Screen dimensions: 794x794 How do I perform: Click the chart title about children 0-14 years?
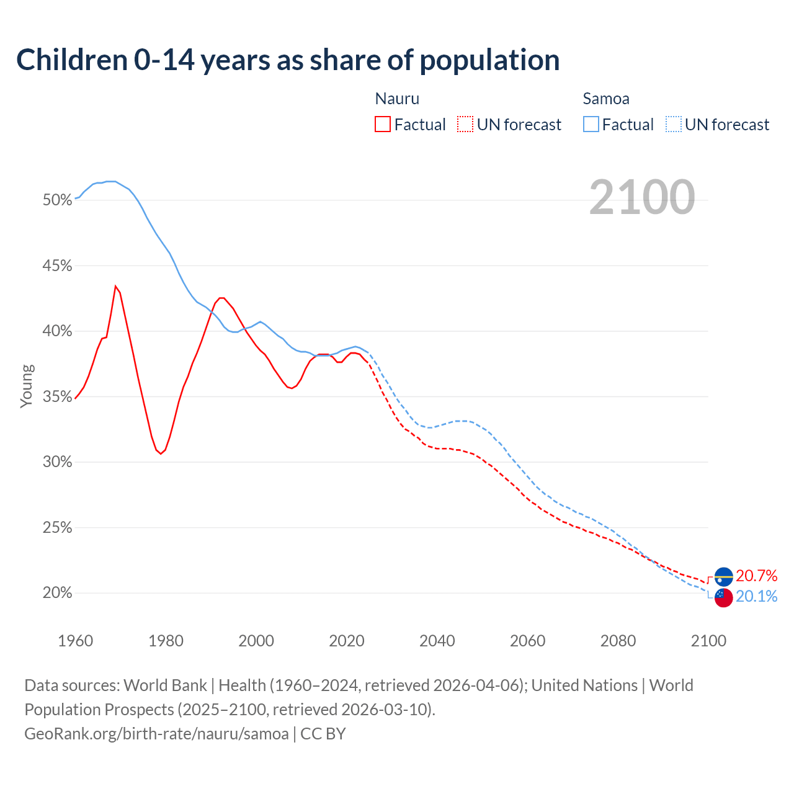pyautogui.click(x=288, y=60)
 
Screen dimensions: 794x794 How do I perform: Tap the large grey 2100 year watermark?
pyautogui.click(x=641, y=197)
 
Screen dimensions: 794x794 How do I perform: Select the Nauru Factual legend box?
pyautogui.click(x=383, y=125)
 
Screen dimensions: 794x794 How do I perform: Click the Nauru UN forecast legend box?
pyautogui.click(x=465, y=125)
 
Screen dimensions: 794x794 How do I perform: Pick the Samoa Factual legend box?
pyautogui.click(x=591, y=125)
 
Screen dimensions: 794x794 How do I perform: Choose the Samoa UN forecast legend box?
pyautogui.click(x=674, y=125)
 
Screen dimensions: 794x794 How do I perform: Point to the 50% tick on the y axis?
pyautogui.click(x=58, y=200)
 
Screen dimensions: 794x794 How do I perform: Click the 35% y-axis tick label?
pyautogui.click(x=58, y=397)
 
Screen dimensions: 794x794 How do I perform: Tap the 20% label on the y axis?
pyautogui.click(x=58, y=593)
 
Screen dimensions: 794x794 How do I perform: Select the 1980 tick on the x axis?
pyautogui.click(x=166, y=641)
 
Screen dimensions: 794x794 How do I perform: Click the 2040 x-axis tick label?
pyautogui.click(x=437, y=641)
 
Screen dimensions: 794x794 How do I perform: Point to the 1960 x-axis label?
pyautogui.click(x=75, y=641)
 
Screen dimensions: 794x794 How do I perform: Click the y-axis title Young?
pyautogui.click(x=26, y=386)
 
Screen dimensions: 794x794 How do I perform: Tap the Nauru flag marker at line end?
pyautogui.click(x=723, y=577)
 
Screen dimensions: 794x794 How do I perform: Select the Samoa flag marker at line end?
pyautogui.click(x=723, y=597)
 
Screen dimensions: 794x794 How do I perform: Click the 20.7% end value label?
pyautogui.click(x=756, y=576)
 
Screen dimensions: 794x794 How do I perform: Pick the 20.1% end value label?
pyautogui.click(x=756, y=597)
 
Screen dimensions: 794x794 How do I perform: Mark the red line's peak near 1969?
pyautogui.click(x=115, y=286)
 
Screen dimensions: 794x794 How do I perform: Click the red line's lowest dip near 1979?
pyautogui.click(x=161, y=453)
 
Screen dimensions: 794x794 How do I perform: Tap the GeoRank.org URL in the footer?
pyautogui.click(x=156, y=734)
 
